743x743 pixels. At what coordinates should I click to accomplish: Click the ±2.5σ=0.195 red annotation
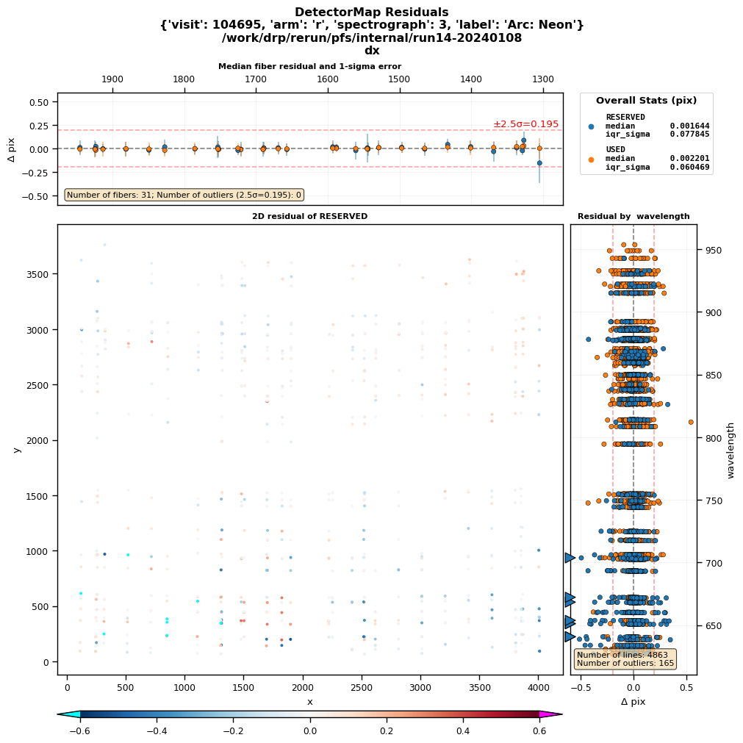pyautogui.click(x=525, y=124)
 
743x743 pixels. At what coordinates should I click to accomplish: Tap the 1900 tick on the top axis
pyautogui.click(x=112, y=79)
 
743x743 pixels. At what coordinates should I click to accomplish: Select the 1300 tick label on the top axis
pyautogui.click(x=542, y=79)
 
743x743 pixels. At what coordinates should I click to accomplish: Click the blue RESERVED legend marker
pyautogui.click(x=591, y=126)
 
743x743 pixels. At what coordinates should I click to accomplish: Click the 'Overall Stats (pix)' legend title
pyautogui.click(x=646, y=101)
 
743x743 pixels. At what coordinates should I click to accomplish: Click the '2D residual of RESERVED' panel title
pyautogui.click(x=309, y=217)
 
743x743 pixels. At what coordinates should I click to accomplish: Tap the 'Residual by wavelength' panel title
pyautogui.click(x=633, y=217)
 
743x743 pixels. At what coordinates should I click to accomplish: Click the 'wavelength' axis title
pyautogui.click(x=731, y=450)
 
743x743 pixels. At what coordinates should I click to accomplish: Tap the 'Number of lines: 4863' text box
pyautogui.click(x=625, y=658)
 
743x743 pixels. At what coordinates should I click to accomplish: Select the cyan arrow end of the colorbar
pyautogui.click(x=68, y=714)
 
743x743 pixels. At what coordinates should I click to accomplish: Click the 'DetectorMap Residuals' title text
pyautogui.click(x=371, y=12)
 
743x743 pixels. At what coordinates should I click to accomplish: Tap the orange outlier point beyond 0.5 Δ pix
pyautogui.click(x=691, y=422)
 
